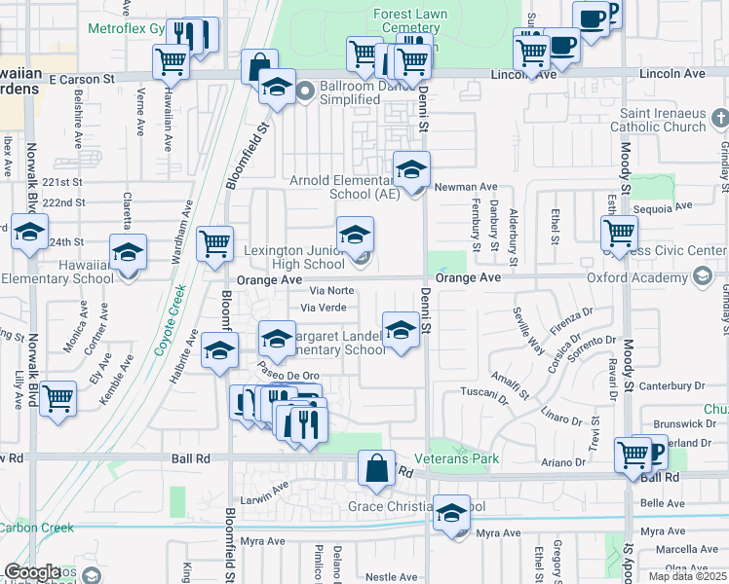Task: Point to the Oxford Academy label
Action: [x=629, y=277]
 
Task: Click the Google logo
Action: [x=32, y=572]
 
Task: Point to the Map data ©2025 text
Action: [x=687, y=576]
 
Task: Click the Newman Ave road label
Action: [x=466, y=187]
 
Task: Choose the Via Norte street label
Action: [x=331, y=290]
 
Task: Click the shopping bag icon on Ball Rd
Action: [x=376, y=467]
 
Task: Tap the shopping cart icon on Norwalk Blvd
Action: [x=58, y=397]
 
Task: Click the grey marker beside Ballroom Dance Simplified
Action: [x=304, y=93]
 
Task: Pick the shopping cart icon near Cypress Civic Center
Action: [x=620, y=233]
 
